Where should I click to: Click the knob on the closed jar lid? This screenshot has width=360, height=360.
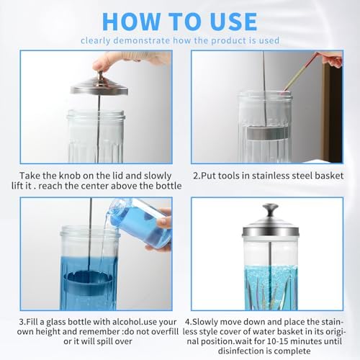pyautogui.click(x=271, y=210)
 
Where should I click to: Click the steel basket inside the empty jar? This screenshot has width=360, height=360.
pyautogui.click(x=265, y=132)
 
